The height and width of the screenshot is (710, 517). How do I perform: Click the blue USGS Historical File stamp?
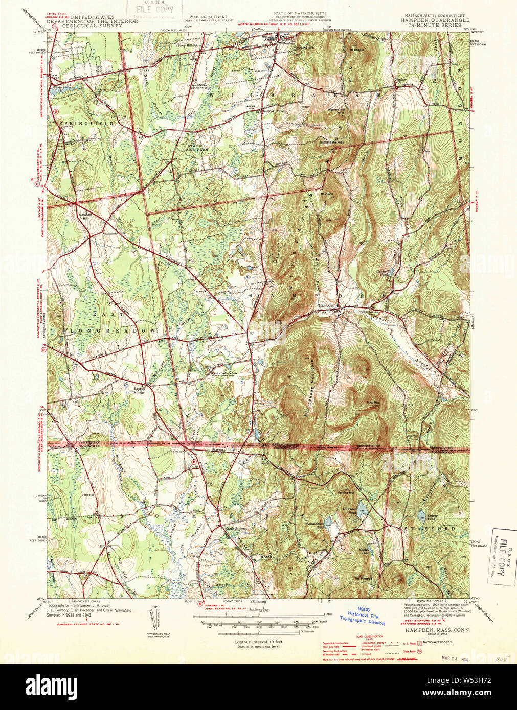tap(363, 616)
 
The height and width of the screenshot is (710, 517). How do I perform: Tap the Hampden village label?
tap(327, 305)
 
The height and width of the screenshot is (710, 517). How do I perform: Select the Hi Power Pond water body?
tap(363, 508)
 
